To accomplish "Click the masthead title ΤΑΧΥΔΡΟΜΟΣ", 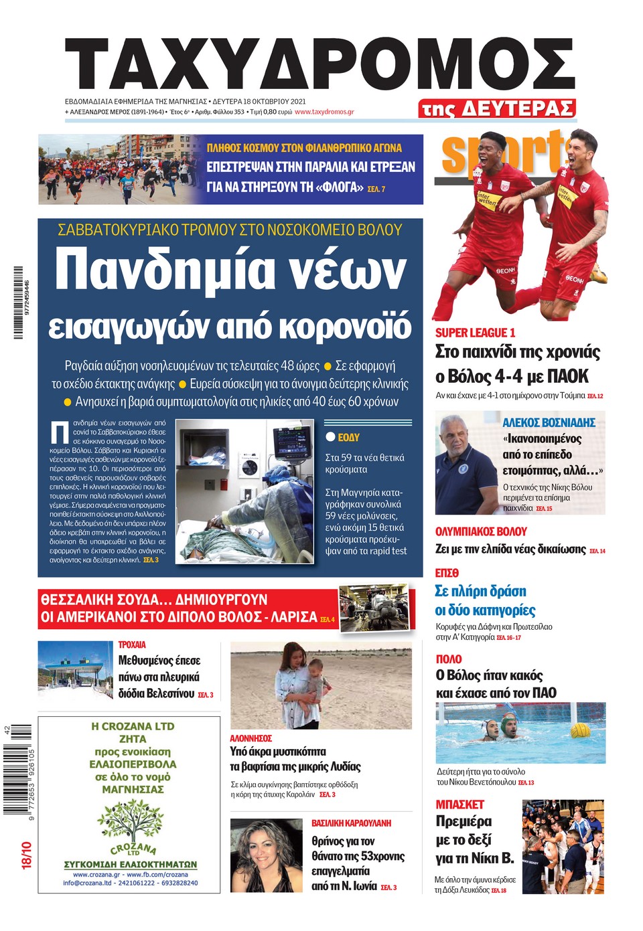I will tap(319, 66).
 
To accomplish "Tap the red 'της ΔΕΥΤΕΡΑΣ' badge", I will tap(497, 108).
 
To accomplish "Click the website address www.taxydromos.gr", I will tap(324, 112).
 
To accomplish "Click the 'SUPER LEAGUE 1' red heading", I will tap(475, 333).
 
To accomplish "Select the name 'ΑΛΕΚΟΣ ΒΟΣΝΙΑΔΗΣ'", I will tap(549, 422).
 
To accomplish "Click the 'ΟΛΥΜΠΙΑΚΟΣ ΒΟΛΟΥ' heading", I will tap(481, 531).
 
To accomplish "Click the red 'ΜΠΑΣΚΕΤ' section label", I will tap(459, 804).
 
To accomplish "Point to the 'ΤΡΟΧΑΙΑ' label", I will tap(132, 645).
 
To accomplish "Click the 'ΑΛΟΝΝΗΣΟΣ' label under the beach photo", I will tap(251, 738).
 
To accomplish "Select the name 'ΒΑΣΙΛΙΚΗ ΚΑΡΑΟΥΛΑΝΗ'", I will tap(351, 823).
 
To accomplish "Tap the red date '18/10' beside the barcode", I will tap(26, 855).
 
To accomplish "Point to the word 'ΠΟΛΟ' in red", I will tap(449, 659).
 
